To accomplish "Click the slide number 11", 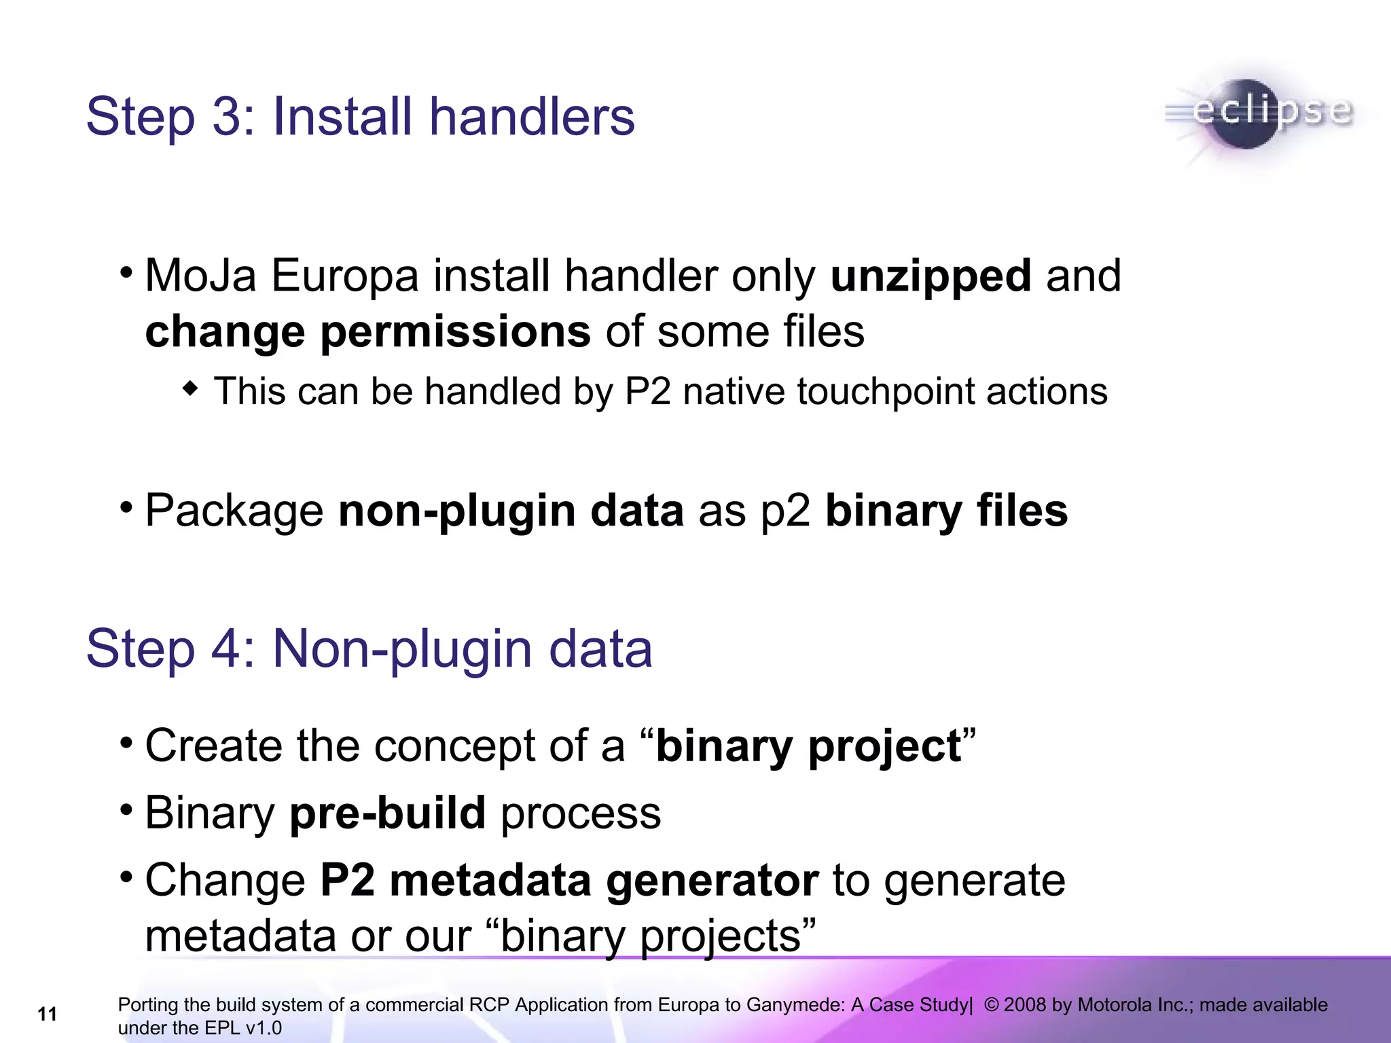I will click(47, 1014).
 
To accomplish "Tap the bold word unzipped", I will click(931, 276).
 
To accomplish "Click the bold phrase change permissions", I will click(367, 332).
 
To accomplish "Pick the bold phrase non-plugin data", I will click(511, 511).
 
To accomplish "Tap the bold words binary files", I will click(946, 511).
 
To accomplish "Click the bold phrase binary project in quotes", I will click(808, 746).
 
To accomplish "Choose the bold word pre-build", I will click(387, 813).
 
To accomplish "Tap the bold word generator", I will click(712, 881).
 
